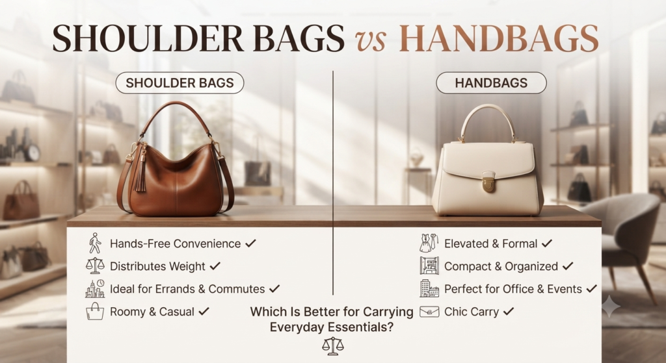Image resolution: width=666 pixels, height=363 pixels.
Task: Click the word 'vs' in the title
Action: pyautogui.click(x=371, y=40)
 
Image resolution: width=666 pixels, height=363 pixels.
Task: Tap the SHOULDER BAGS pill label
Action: pyautogui.click(x=180, y=82)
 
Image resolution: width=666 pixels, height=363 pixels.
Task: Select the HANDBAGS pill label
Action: pyautogui.click(x=491, y=82)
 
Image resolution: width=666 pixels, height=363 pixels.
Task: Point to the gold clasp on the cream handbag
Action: pyautogui.click(x=488, y=182)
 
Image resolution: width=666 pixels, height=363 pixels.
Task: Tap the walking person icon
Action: pyautogui.click(x=95, y=243)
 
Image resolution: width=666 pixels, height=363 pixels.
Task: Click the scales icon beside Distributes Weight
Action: pyautogui.click(x=95, y=266)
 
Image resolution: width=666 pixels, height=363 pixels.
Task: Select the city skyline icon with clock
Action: pyautogui.click(x=95, y=288)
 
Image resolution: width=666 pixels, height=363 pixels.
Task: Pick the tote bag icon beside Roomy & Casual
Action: pyautogui.click(x=95, y=311)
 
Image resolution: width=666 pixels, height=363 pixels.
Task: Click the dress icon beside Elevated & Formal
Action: pyautogui.click(x=429, y=243)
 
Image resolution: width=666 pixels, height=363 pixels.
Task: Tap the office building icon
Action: pyautogui.click(x=429, y=288)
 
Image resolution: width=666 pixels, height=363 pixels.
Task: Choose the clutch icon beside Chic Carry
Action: pyautogui.click(x=429, y=312)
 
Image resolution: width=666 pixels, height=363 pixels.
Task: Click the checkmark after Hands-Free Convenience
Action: pyautogui.click(x=250, y=243)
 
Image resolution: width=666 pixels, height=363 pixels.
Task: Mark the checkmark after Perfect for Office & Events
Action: pyautogui.click(x=592, y=288)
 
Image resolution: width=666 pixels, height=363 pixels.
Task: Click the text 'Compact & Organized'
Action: pyautogui.click(x=501, y=266)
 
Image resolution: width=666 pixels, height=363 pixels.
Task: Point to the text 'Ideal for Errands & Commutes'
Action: pyautogui.click(x=187, y=289)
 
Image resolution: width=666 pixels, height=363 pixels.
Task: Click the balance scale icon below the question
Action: pyautogui.click(x=333, y=345)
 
